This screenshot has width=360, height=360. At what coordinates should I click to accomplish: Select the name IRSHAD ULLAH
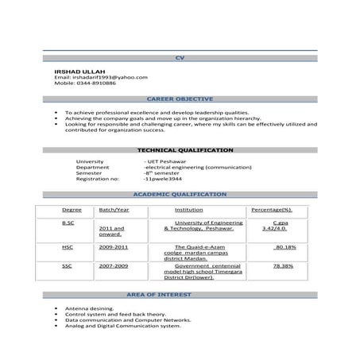[74, 72]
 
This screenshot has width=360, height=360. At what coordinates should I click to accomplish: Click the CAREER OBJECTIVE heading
[180, 99]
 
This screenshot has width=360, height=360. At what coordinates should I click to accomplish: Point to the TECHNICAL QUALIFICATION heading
[185, 149]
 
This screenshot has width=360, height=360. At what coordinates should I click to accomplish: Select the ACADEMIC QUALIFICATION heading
[180, 194]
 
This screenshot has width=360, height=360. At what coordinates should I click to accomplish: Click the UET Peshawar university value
[164, 162]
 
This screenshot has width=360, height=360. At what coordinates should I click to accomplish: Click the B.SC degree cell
[68, 223]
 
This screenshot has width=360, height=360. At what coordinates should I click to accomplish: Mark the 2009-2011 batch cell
[114, 247]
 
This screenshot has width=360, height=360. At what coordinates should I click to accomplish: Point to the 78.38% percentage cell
[284, 266]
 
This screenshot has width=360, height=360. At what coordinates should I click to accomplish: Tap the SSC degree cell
[67, 266]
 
